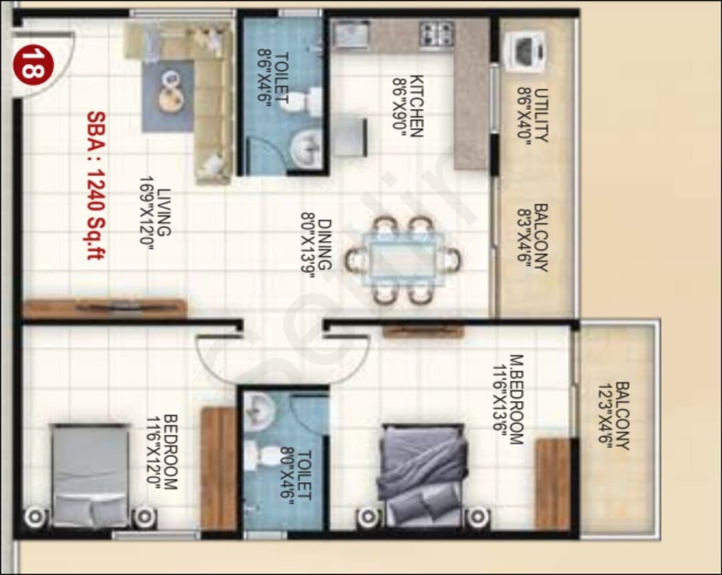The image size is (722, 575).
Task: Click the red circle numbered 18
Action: tap(33, 65)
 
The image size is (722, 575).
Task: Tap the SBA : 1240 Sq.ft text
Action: tap(96, 185)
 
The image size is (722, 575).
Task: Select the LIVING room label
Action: tap(164, 212)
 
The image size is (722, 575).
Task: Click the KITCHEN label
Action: tap(416, 106)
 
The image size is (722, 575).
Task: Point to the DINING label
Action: tap(324, 245)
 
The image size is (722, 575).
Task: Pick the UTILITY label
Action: tap(541, 115)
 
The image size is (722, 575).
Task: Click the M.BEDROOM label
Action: tap(516, 399)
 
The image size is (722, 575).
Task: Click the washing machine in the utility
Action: tap(525, 51)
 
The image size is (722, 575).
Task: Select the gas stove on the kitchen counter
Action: tap(436, 34)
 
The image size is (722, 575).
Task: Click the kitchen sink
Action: tap(351, 35)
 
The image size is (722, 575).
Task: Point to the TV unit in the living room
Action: tap(104, 308)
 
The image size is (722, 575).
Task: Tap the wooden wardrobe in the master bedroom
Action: tap(553, 484)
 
